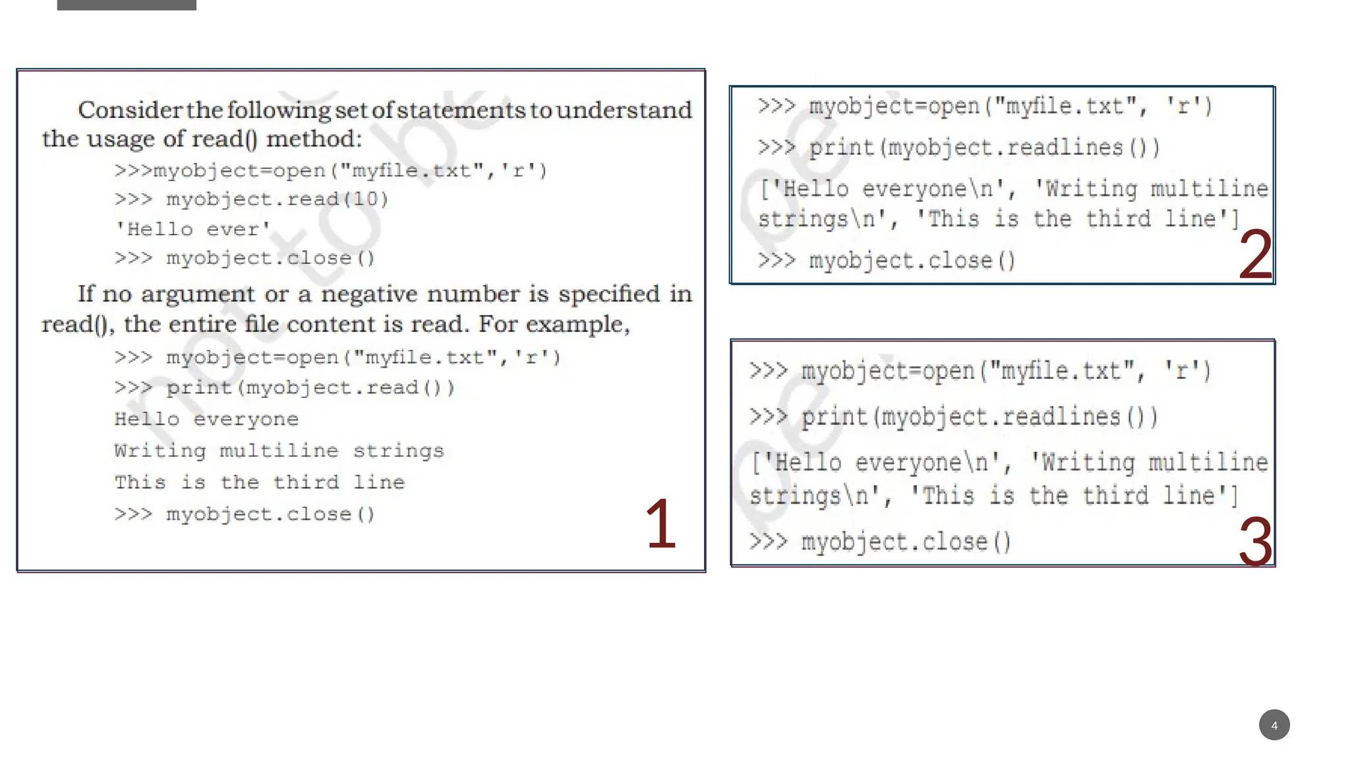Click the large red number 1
coord(661,524)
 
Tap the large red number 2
coord(1255,255)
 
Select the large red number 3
coord(1255,542)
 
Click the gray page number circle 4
coord(1274,725)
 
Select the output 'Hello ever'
coord(192,229)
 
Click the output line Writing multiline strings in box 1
coord(279,451)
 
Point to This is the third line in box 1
coord(260,482)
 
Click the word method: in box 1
coord(314,139)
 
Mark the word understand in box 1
coord(624,110)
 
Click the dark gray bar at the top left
coord(127,5)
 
